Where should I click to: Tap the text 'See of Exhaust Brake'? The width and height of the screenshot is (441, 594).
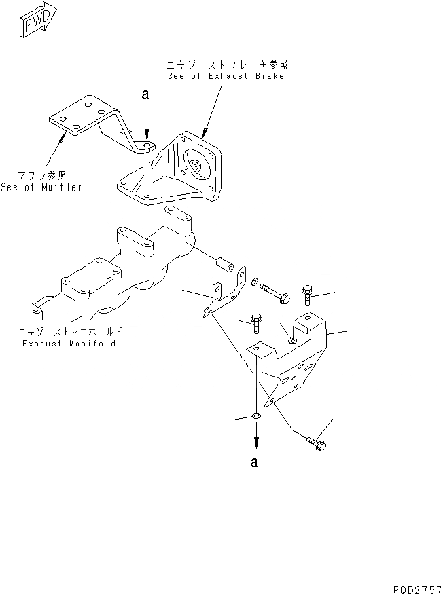226,76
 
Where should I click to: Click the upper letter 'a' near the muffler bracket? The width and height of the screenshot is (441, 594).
145,96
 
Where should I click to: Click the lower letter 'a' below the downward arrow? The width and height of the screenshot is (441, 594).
254,463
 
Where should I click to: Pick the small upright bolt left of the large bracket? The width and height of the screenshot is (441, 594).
257,322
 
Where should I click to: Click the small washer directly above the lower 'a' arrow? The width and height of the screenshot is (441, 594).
255,415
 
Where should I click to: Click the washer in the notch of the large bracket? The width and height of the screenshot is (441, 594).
292,339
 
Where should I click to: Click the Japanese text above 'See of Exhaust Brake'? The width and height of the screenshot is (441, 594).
226,65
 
